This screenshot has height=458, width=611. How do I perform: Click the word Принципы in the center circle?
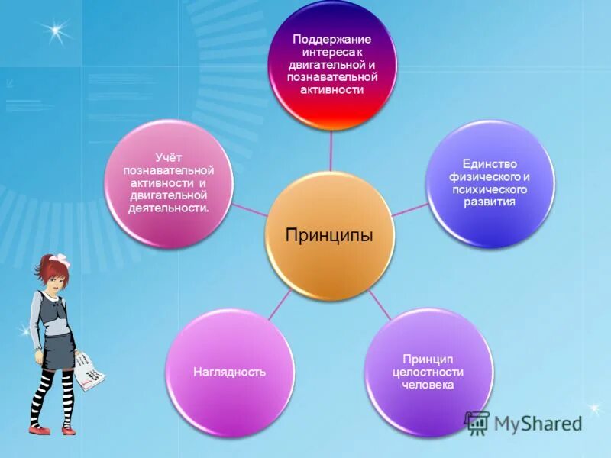[x=329, y=235]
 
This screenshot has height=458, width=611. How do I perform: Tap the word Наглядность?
[x=229, y=372]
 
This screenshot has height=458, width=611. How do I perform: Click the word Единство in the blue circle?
[x=490, y=164]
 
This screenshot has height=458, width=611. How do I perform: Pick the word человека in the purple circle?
[x=428, y=385]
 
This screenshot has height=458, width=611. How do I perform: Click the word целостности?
[x=428, y=372]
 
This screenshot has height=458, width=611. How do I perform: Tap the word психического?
[x=490, y=189]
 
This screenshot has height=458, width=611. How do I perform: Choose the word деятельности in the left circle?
[x=169, y=208]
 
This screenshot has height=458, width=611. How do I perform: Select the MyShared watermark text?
[x=538, y=422]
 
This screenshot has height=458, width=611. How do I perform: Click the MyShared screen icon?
[x=477, y=423]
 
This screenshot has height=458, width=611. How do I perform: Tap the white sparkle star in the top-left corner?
[x=55, y=31]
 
